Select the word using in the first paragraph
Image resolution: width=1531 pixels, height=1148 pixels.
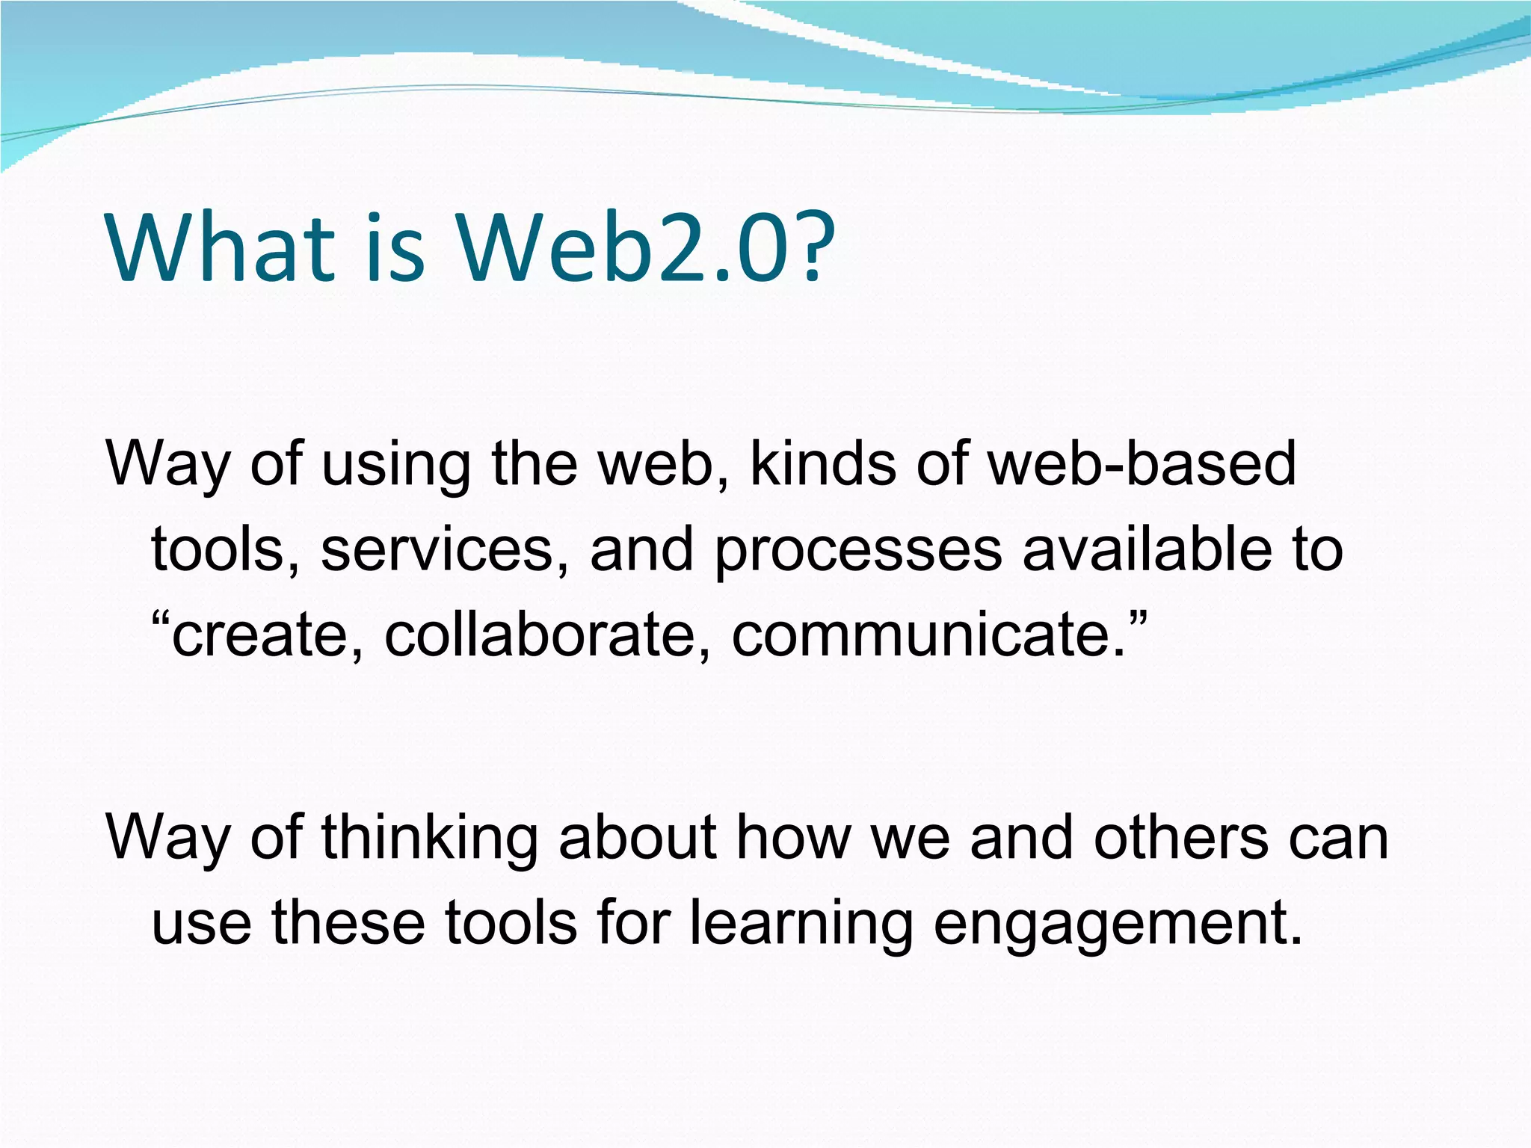395,465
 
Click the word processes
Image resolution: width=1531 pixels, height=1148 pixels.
857,552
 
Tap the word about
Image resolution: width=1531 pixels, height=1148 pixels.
638,837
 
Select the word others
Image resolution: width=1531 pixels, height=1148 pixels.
1180,837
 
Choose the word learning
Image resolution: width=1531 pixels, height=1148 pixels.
801,924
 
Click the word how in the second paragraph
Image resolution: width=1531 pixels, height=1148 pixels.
793,837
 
